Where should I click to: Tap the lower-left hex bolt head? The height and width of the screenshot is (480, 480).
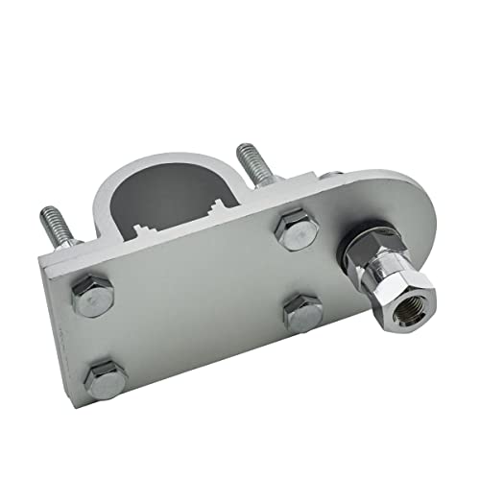[105, 381]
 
